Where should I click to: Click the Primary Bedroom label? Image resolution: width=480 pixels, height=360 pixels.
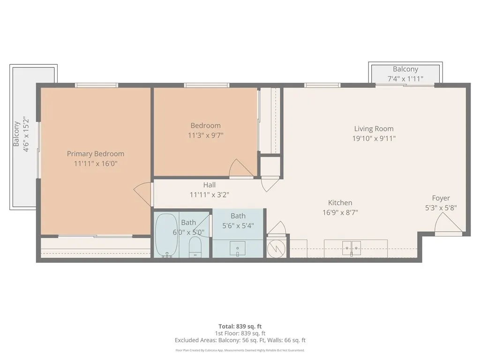[96, 154]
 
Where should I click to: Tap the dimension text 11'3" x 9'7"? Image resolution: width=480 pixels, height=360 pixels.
[205, 135]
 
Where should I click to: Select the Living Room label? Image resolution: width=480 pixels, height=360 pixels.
[374, 128]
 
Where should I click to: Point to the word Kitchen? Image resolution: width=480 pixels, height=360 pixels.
[340, 202]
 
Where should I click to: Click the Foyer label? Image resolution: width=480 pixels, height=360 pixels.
[441, 198]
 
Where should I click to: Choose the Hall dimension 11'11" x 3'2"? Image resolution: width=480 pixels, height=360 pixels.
[210, 195]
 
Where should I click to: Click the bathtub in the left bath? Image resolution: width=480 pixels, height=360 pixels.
[166, 234]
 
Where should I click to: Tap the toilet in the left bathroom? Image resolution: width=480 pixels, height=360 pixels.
[195, 247]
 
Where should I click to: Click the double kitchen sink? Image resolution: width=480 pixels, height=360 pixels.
[351, 247]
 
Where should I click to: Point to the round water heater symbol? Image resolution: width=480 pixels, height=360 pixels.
[276, 248]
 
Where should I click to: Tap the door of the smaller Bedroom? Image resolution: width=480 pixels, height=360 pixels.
[241, 169]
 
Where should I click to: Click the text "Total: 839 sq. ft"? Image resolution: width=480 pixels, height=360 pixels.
[240, 326]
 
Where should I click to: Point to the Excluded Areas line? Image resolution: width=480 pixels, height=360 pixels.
[240, 340]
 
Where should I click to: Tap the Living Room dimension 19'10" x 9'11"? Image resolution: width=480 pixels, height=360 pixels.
[374, 138]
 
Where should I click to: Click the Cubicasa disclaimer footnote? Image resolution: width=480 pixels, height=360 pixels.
[240, 350]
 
